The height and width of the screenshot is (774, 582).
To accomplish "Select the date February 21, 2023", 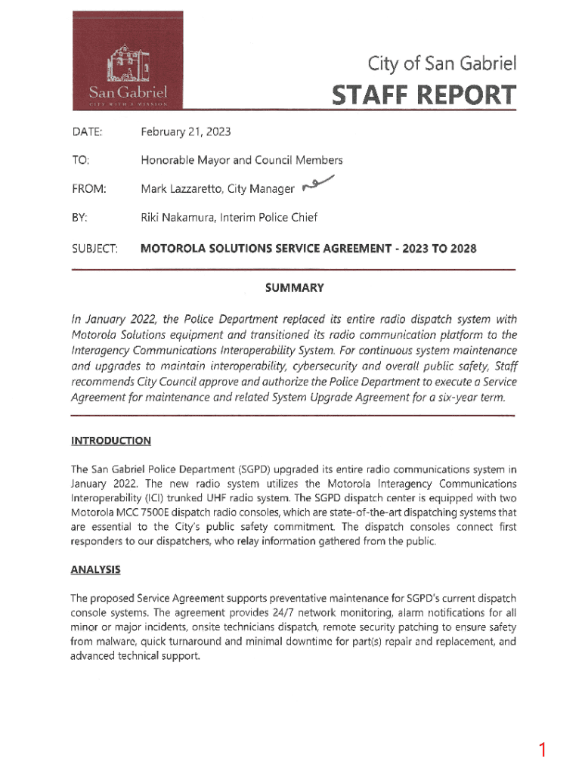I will [x=186, y=132].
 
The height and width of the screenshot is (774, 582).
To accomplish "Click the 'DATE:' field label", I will [x=87, y=132].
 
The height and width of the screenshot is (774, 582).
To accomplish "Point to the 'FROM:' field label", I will [x=89, y=189].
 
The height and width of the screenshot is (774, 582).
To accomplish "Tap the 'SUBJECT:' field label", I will [x=94, y=249].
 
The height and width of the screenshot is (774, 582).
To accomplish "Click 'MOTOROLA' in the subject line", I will [x=172, y=249].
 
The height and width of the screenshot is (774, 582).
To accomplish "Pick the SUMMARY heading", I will [x=294, y=288].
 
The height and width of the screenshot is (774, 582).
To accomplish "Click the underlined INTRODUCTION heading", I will [x=110, y=441].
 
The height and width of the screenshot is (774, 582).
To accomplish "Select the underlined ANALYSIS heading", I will [x=95, y=570].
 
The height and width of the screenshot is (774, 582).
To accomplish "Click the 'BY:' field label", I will [x=79, y=218].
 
